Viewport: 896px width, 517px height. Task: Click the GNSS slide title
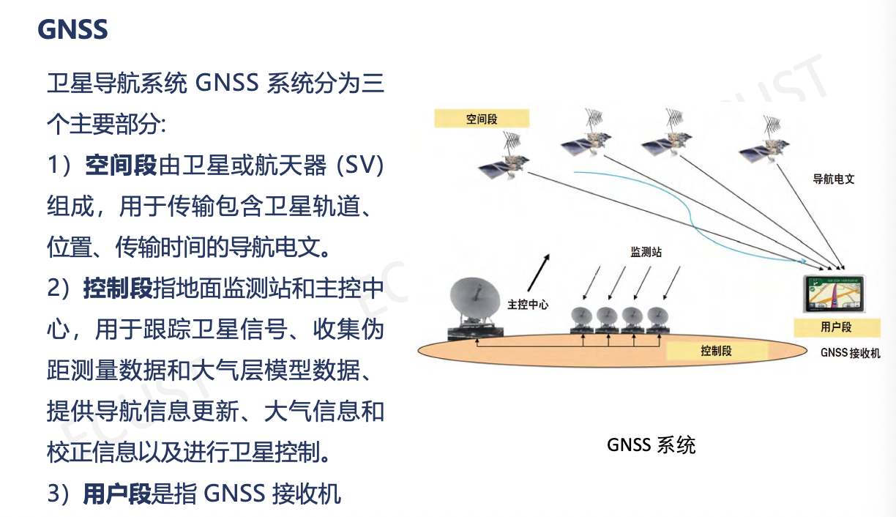point(72,29)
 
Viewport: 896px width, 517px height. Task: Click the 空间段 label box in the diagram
point(481,118)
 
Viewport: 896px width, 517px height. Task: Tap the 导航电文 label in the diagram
point(834,179)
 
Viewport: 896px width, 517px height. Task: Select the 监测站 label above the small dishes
point(646,252)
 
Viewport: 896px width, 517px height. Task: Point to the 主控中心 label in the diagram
point(528,304)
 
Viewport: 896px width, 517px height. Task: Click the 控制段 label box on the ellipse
point(715,351)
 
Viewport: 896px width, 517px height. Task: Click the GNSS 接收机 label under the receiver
point(850,353)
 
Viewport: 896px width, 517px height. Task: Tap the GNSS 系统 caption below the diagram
point(651,445)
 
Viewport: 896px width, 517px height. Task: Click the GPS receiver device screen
point(835,296)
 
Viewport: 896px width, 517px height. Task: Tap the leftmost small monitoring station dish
point(581,317)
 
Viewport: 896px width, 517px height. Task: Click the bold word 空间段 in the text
point(121,166)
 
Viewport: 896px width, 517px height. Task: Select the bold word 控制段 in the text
point(118,289)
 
